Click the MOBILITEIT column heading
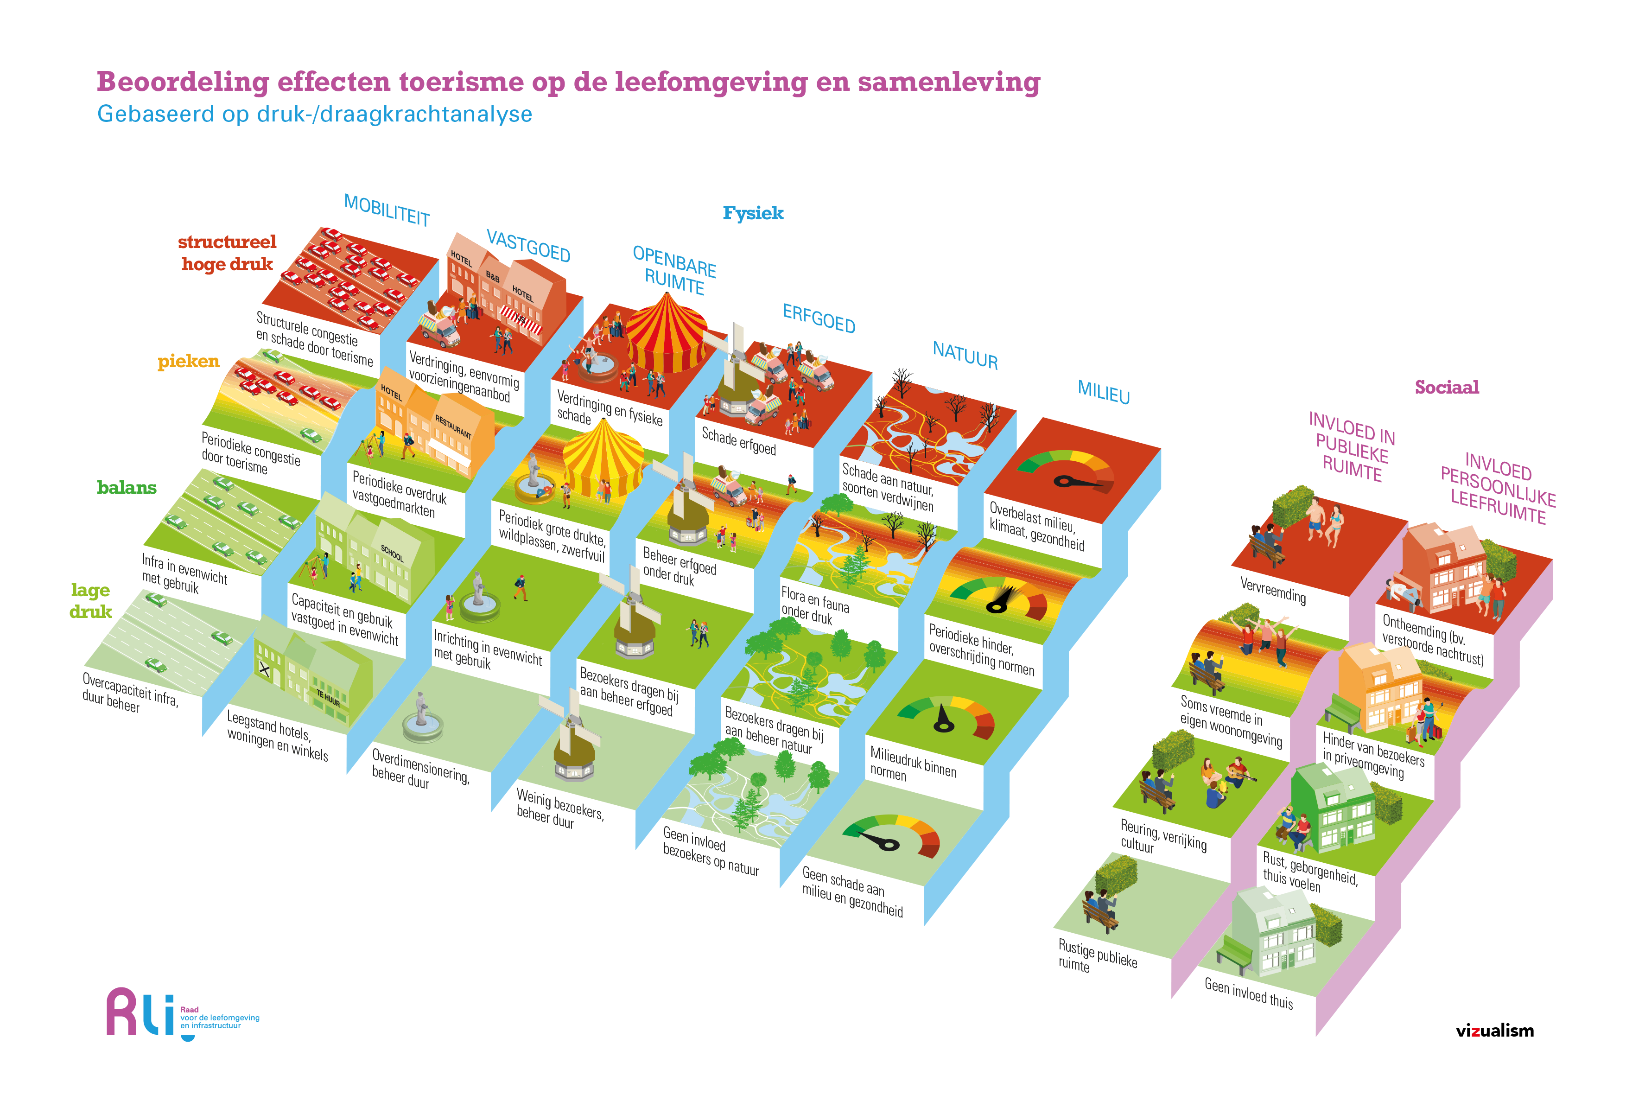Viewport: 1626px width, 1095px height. tap(387, 210)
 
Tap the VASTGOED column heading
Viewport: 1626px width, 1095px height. tap(528, 246)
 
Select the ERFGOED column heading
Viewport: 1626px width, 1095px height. tap(819, 318)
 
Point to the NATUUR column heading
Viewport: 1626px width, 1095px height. tap(965, 355)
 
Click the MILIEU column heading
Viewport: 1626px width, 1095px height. tap(1103, 391)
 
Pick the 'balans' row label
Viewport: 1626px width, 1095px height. tap(127, 487)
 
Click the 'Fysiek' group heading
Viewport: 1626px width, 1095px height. tap(753, 213)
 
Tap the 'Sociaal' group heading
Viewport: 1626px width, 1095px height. tap(1447, 387)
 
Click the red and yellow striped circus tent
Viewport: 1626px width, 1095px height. tap(666, 332)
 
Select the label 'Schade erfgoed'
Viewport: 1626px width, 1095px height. tap(739, 441)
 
